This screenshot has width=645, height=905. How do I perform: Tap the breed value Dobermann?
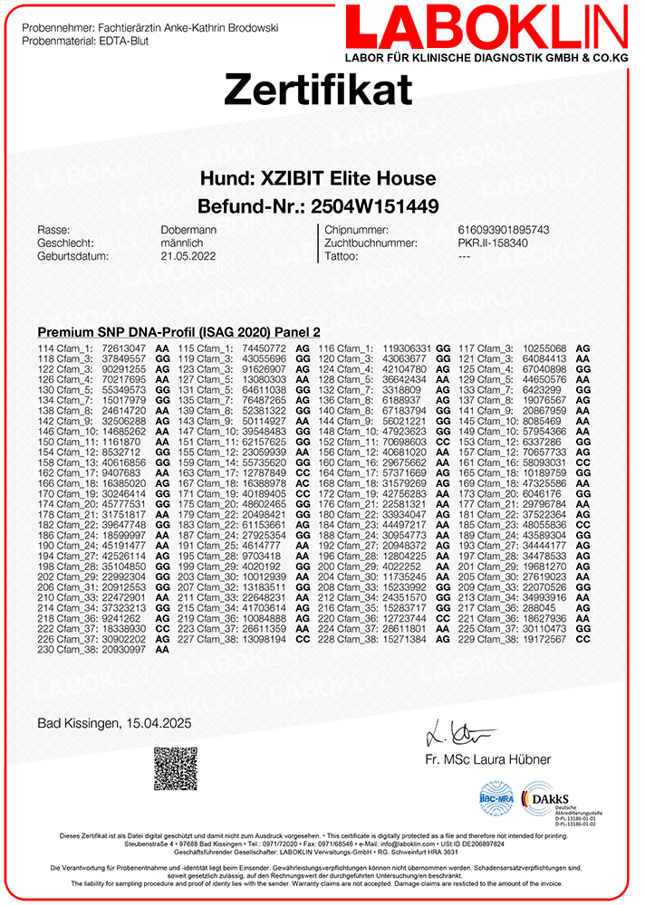(188, 230)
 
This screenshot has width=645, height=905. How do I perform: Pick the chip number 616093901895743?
(510, 230)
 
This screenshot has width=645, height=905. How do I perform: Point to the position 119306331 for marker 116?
(407, 348)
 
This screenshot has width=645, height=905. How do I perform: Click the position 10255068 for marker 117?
(545, 348)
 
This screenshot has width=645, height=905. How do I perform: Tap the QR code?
(175, 768)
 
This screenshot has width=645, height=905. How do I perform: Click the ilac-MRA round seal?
(497, 800)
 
